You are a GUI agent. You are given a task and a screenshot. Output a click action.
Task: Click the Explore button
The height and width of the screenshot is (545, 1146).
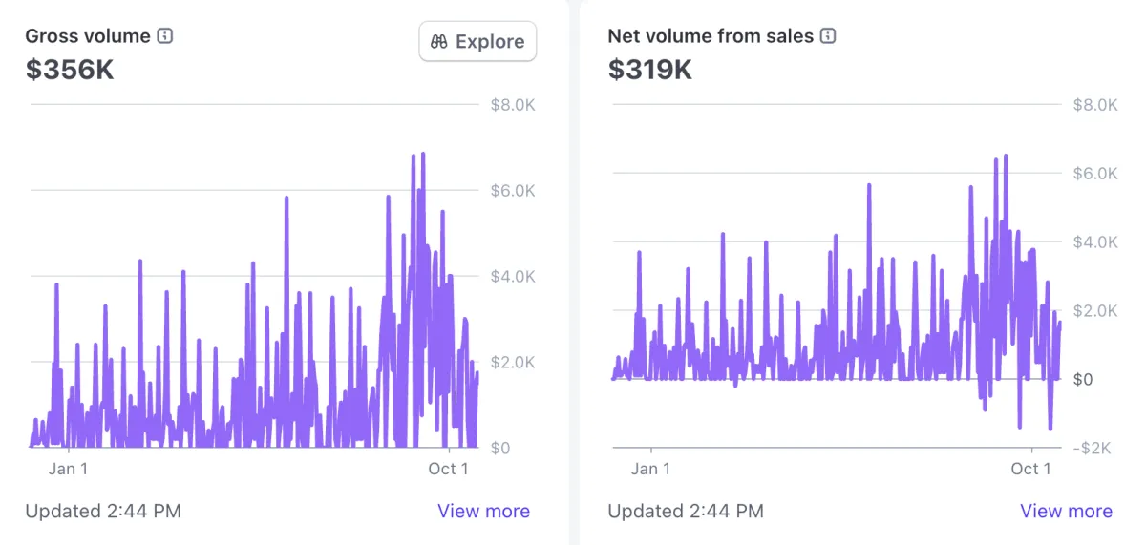point(477,42)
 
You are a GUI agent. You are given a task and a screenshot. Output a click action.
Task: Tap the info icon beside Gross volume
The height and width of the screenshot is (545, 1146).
point(165,36)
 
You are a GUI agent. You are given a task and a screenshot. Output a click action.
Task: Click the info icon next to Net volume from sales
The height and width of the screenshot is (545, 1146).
point(828,36)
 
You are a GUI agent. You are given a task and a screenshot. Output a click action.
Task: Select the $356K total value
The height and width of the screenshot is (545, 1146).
point(70,70)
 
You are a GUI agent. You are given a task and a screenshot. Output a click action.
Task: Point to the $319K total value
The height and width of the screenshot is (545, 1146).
point(650,70)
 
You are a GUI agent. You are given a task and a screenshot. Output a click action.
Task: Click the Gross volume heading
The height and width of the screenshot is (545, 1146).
point(88,36)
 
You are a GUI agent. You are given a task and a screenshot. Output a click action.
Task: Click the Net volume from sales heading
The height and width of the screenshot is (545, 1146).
point(711,36)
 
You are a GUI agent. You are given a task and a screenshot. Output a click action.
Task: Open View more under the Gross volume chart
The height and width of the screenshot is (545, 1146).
point(483,511)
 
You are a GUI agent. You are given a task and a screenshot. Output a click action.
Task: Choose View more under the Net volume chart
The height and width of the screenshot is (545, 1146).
point(1066,511)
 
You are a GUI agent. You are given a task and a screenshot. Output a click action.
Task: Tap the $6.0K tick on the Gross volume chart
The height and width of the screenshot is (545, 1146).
point(511,191)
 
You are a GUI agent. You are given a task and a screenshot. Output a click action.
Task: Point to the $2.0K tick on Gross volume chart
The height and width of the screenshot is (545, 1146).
point(511,362)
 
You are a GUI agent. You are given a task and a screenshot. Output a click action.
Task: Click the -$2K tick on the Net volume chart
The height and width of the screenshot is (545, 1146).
point(1095,449)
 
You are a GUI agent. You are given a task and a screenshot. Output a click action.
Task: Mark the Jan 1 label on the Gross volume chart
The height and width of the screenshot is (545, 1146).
point(68,468)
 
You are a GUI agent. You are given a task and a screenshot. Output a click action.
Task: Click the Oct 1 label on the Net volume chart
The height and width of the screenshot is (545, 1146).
point(1030,468)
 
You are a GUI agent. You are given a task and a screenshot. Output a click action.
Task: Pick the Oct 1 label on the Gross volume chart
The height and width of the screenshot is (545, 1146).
point(448,468)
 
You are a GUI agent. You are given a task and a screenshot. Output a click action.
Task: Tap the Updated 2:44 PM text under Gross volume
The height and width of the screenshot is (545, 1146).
point(103,511)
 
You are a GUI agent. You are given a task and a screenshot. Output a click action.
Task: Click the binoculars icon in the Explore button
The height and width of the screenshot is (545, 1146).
point(439,42)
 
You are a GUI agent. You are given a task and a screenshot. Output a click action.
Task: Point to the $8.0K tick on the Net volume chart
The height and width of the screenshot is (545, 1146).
point(1095,105)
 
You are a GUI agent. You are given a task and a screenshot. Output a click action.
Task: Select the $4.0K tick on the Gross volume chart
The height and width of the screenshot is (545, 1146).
point(511,277)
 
